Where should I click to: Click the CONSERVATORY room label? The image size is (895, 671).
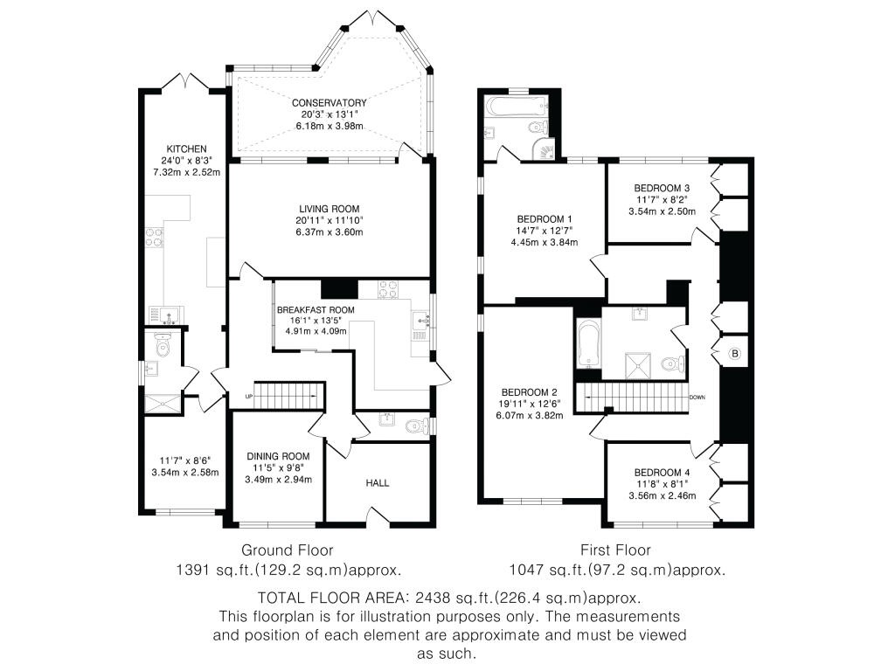point(330,103)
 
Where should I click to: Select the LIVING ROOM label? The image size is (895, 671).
point(330,209)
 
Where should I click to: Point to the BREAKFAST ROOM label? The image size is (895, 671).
point(316,310)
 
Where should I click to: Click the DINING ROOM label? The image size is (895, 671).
point(279,456)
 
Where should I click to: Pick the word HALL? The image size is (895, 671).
point(378,482)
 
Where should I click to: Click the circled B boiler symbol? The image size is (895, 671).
point(735,354)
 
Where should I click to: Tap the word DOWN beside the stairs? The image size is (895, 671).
point(697,398)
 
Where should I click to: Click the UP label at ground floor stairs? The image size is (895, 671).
point(248,396)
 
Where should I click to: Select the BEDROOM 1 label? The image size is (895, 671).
point(545,218)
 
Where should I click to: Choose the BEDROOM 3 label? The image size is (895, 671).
point(663,188)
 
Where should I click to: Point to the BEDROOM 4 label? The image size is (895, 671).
point(663,473)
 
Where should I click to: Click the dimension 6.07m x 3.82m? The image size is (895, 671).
point(530,415)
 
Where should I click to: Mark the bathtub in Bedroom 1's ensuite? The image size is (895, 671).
point(517,106)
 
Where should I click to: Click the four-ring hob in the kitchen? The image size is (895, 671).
point(155,238)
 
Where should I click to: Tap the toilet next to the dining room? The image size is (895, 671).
point(417,426)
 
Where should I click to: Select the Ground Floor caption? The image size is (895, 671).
point(287,550)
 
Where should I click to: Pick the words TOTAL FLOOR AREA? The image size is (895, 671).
point(333,598)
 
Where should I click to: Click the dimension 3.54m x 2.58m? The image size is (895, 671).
point(185,472)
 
